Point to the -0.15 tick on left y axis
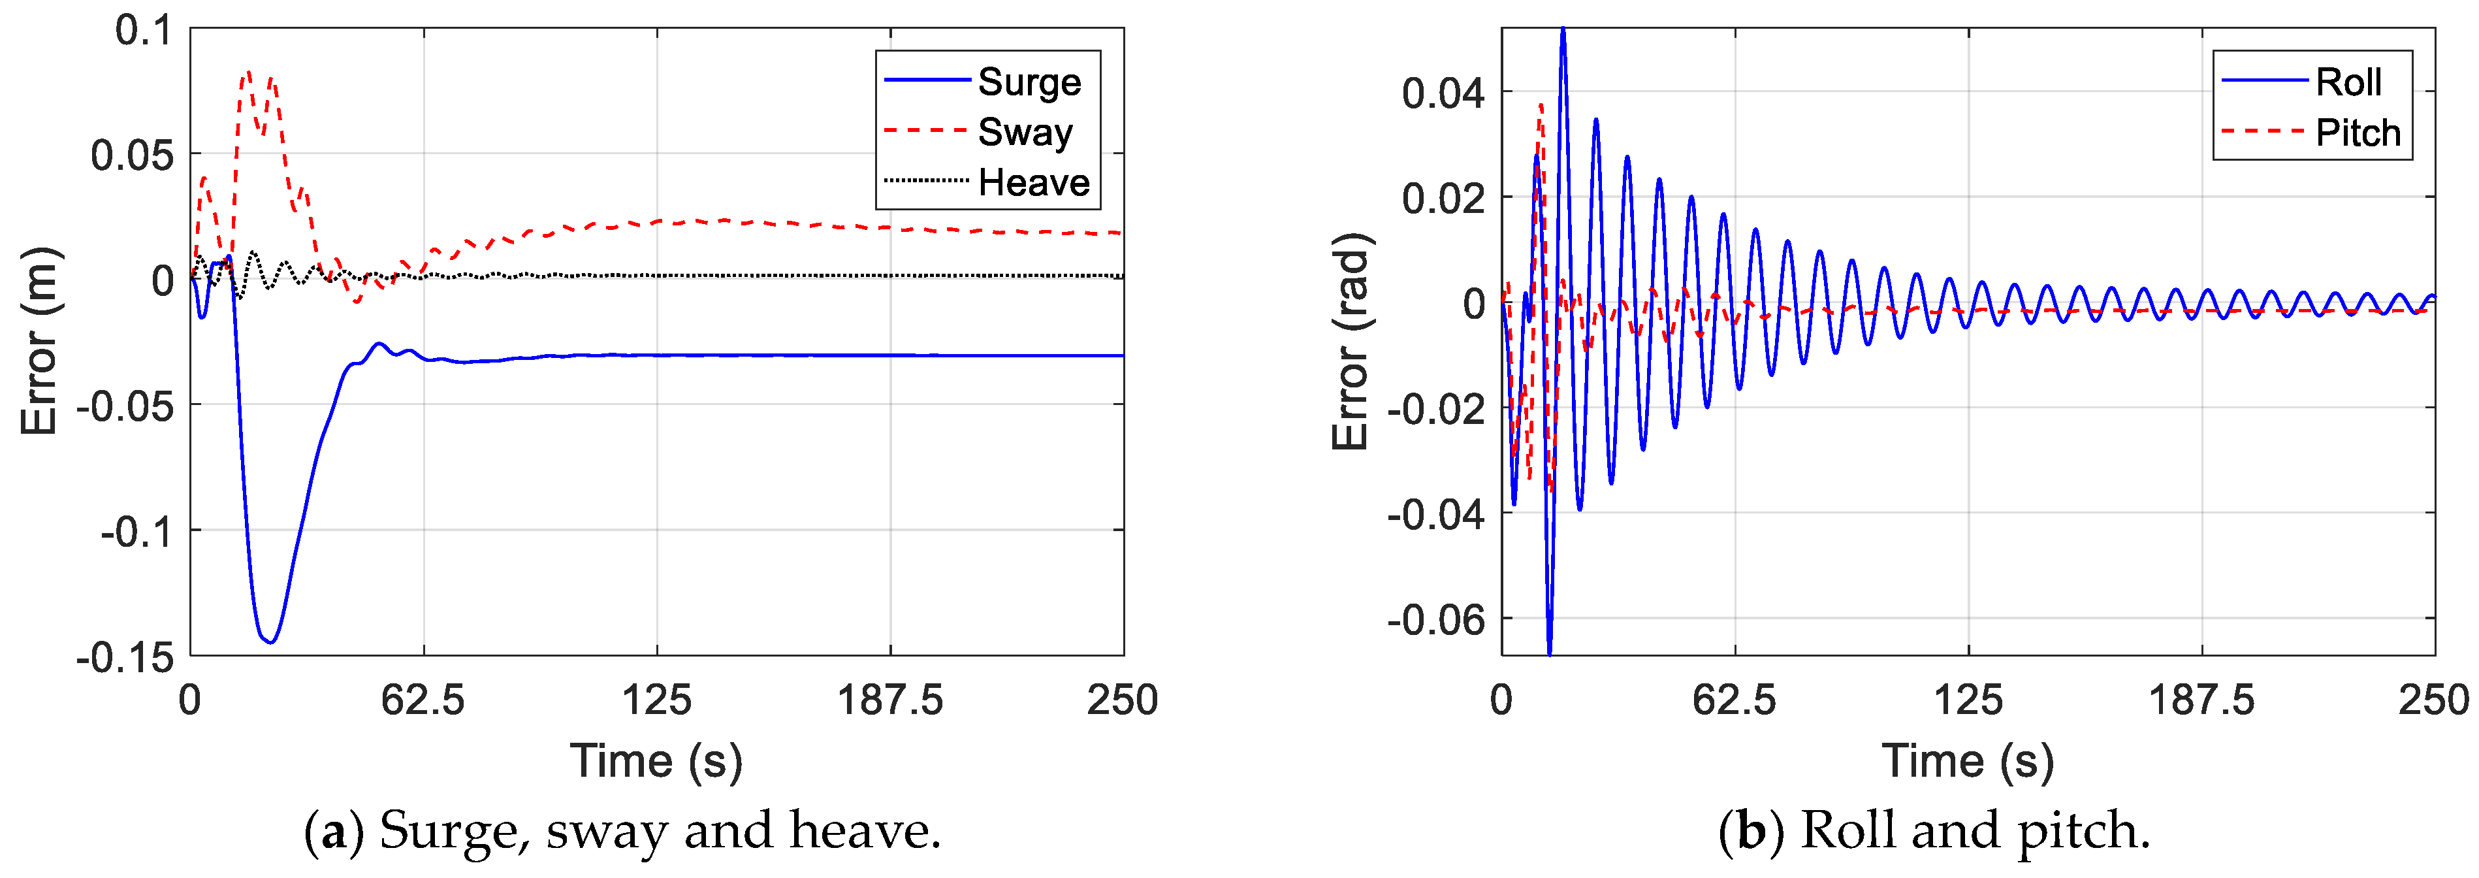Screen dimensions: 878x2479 point(125,658)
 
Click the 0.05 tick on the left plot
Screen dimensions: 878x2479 point(132,155)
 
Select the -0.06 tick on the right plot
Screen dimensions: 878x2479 point(1436,620)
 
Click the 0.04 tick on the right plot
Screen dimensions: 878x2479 point(1443,93)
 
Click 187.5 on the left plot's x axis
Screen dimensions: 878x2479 point(889,700)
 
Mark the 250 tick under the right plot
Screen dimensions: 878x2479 point(2432,700)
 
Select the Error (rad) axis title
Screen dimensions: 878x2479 point(1351,342)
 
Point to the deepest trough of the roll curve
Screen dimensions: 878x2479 point(1549,652)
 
